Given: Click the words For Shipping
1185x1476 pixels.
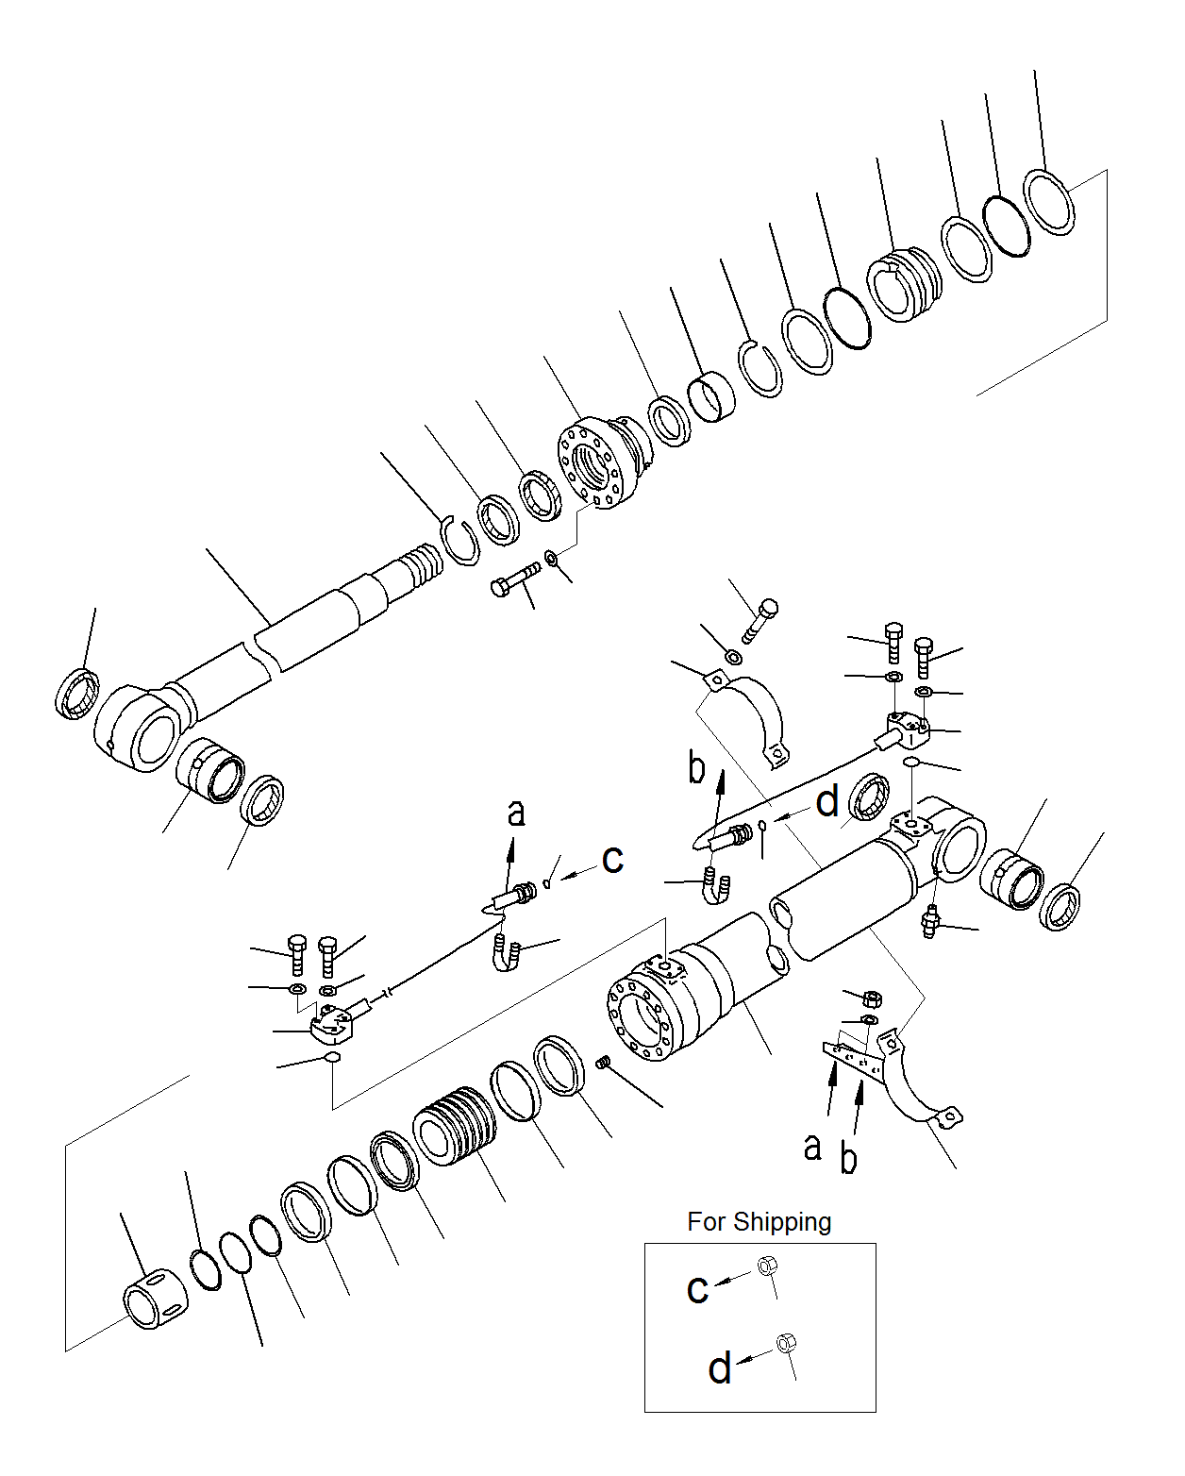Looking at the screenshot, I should [x=759, y=1222].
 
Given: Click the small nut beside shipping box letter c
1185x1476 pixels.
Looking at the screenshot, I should [x=768, y=1266].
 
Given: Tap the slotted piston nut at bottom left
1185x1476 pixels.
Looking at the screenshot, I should [x=155, y=1299].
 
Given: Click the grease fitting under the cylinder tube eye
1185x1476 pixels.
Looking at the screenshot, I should [x=930, y=921].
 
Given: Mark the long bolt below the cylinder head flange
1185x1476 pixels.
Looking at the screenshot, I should [x=515, y=578].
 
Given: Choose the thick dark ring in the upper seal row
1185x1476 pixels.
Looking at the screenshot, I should [x=847, y=317].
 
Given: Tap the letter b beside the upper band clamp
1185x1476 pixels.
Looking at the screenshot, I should [x=696, y=769].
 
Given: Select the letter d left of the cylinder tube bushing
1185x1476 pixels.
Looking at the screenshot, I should [x=826, y=802].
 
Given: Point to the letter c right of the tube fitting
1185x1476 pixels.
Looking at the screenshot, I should [x=613, y=858].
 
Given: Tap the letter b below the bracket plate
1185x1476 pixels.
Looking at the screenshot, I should [x=848, y=1159].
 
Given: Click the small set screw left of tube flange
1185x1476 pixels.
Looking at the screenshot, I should [x=606, y=1064].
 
